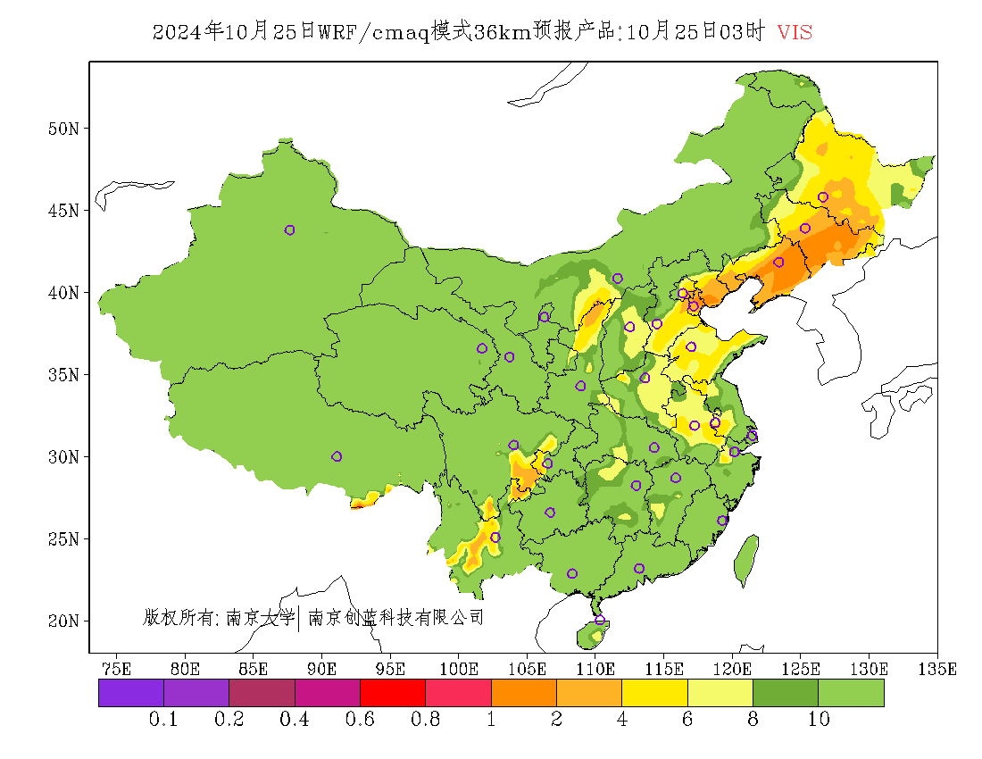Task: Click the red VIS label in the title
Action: click(x=795, y=32)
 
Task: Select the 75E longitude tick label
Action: click(x=116, y=668)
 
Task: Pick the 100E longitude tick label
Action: click(x=459, y=668)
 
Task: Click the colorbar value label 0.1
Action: click(x=163, y=720)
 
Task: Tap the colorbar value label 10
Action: click(x=819, y=720)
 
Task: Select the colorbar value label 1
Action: click(x=491, y=720)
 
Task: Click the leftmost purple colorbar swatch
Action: click(x=130, y=693)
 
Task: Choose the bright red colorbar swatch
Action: click(x=392, y=693)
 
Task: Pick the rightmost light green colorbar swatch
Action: click(x=851, y=693)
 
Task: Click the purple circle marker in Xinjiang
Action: click(x=289, y=230)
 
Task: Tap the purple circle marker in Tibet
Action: click(x=337, y=456)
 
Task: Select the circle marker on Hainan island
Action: click(x=600, y=620)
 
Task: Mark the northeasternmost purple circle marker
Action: click(x=823, y=197)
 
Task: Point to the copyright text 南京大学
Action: click(x=260, y=617)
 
